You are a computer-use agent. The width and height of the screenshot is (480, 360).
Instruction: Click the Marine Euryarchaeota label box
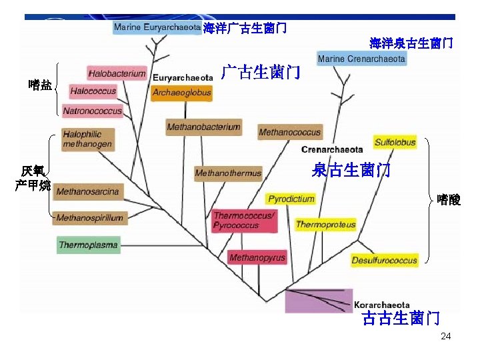pyautogui.click(x=157, y=28)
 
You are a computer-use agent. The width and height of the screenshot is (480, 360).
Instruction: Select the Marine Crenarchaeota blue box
pyautogui.click(x=361, y=59)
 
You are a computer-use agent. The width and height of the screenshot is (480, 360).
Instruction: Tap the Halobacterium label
pyautogui.click(x=117, y=73)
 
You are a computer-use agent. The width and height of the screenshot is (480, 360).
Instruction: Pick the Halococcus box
pyautogui.click(x=93, y=91)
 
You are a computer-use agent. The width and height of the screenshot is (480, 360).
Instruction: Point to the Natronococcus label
pyautogui.click(x=93, y=111)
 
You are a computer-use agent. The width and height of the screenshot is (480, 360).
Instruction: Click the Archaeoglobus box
pyautogui.click(x=181, y=93)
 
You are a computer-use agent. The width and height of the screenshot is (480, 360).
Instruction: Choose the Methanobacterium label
pyautogui.click(x=203, y=127)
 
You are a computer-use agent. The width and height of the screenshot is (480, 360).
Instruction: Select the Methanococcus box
pyautogui.click(x=289, y=133)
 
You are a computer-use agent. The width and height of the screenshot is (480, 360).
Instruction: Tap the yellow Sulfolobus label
pyautogui.click(x=395, y=142)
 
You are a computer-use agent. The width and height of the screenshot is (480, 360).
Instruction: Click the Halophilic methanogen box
pyautogui.click(x=87, y=139)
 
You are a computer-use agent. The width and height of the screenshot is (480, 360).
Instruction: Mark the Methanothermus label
pyautogui.click(x=228, y=173)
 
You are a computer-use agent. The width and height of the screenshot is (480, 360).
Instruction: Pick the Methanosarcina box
pyautogui.click(x=87, y=192)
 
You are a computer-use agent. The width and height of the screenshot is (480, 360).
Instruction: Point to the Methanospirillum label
pyautogui.click(x=89, y=217)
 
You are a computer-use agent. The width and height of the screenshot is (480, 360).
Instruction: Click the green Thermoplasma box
pyautogui.click(x=88, y=245)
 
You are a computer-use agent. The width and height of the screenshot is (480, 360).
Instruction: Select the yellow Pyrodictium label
pyautogui.click(x=291, y=199)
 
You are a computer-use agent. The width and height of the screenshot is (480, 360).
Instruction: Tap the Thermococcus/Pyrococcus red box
pyautogui.click(x=244, y=221)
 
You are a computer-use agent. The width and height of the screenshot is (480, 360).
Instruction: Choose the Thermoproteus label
pyautogui.click(x=325, y=225)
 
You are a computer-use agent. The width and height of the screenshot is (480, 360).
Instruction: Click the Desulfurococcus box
pyautogui.click(x=384, y=260)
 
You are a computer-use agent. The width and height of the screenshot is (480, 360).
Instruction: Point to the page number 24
pyautogui.click(x=445, y=336)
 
